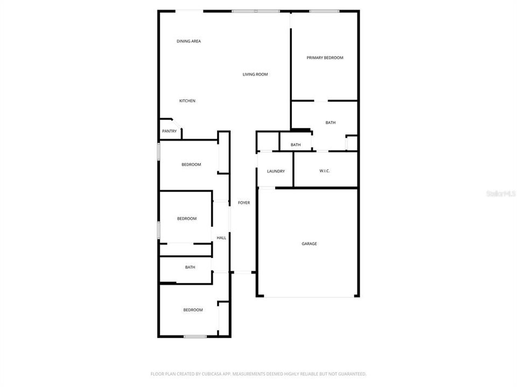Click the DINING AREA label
tap(188, 41)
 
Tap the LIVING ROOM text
tap(255, 74)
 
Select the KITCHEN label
tap(187, 101)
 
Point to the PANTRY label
tap(169, 131)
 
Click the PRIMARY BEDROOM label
tap(325, 58)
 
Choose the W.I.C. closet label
tap(324, 171)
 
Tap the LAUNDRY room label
tap(276, 171)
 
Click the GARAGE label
tap(309, 243)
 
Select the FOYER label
tap(244, 203)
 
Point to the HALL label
tap(221, 238)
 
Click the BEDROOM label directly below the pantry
tap(191, 164)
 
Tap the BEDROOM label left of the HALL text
tap(187, 219)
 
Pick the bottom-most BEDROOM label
tap(193, 310)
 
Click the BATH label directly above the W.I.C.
tap(330, 123)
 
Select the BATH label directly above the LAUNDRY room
tap(296, 145)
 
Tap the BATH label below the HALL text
tap(190, 267)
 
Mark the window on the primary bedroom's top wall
tap(324, 11)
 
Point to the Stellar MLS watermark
tap(500, 193)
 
